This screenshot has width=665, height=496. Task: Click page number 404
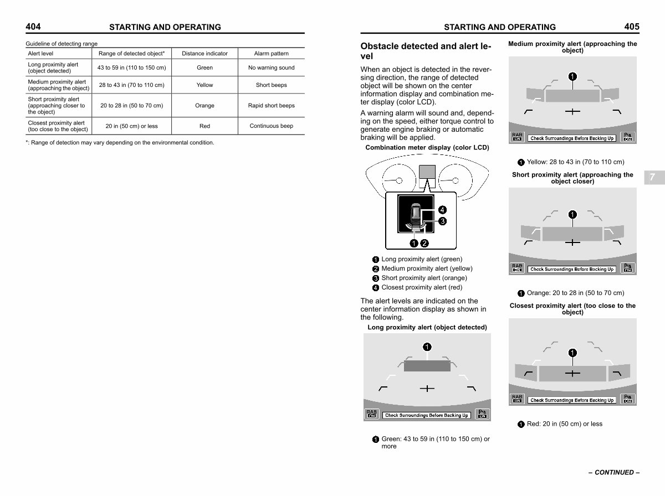33,26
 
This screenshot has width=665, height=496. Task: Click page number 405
631,26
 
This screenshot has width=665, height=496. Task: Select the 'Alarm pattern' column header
271,54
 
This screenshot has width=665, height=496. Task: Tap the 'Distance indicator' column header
204,54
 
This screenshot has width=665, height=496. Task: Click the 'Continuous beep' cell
271,126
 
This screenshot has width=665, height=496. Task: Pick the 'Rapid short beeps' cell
271,105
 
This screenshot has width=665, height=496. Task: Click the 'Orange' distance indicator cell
204,105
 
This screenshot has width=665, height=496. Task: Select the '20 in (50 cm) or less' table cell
131,126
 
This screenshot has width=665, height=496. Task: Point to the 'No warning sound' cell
271,68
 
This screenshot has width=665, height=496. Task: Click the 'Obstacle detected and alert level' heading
426,51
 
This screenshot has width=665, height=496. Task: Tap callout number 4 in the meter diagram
442,209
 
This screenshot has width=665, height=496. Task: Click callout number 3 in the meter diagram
442,221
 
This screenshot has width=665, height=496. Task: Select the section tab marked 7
652,178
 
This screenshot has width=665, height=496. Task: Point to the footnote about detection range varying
120,143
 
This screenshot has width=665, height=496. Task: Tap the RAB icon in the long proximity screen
371,414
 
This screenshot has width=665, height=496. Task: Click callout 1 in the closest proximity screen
572,352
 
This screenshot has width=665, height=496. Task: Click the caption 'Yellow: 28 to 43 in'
575,162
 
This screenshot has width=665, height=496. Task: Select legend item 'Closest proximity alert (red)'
421,287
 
